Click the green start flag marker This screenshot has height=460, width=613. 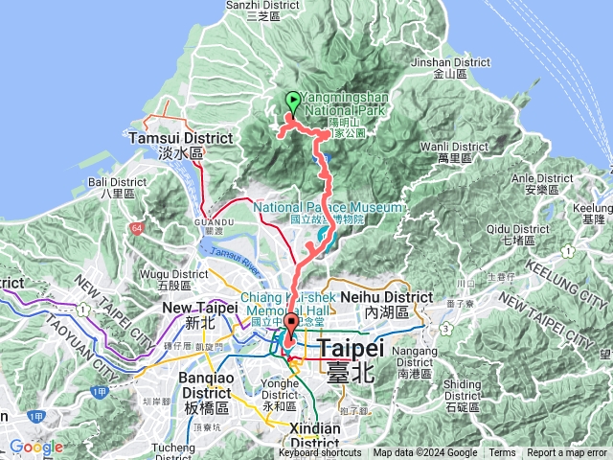[x=292, y=101]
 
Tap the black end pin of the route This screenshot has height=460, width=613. [x=290, y=322]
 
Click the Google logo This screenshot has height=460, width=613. [x=36, y=448]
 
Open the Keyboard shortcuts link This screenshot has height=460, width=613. [x=320, y=453]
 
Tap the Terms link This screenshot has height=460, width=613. [x=502, y=453]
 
